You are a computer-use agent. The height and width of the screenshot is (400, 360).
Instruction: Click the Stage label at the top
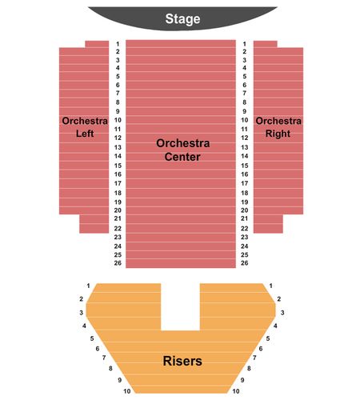(x=182, y=19)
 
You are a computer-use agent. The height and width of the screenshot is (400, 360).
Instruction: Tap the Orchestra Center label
(x=182, y=150)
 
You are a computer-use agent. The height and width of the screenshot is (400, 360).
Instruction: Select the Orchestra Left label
(x=85, y=127)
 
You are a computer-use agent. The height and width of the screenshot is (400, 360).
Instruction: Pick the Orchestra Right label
(x=278, y=127)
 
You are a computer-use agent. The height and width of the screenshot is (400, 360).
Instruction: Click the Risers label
(x=182, y=361)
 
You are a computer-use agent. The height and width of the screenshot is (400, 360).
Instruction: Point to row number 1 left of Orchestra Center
(x=118, y=44)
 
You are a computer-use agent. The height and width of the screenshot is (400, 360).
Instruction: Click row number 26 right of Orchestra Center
(x=245, y=263)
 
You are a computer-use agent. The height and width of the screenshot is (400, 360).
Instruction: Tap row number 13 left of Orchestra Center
(x=118, y=147)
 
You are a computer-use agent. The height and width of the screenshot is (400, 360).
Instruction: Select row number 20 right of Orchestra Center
(x=245, y=210)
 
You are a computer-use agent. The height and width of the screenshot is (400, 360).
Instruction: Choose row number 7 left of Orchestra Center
(x=118, y=93)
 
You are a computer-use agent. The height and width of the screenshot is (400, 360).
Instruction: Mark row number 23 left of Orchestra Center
(x=118, y=237)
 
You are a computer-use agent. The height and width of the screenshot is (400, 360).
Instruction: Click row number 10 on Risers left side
(x=127, y=391)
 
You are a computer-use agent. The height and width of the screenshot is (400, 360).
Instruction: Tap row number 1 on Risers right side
(x=271, y=286)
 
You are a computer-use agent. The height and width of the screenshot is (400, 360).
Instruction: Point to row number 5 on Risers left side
(x=92, y=338)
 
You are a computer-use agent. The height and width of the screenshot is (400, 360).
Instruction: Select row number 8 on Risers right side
(x=249, y=368)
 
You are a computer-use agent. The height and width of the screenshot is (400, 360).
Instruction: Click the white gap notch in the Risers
(x=180, y=306)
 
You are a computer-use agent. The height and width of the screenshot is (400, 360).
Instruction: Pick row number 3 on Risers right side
(x=282, y=313)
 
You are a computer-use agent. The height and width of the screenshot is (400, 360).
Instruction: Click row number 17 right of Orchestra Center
(x=245, y=183)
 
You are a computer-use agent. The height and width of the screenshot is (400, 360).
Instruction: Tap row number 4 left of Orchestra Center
(x=118, y=68)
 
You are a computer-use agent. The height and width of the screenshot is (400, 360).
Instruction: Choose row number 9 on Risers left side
(x=120, y=380)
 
